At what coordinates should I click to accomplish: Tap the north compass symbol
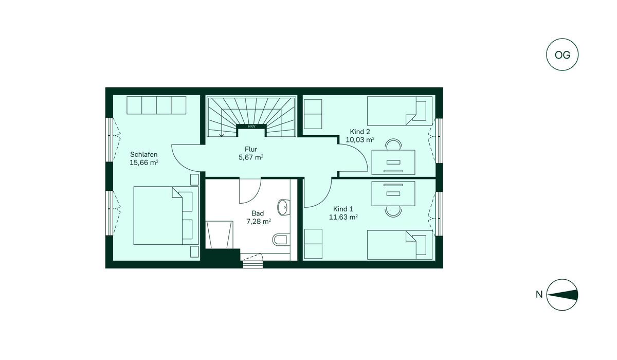pyautogui.click(x=562, y=295)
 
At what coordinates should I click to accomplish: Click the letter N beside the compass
pyautogui.click(x=539, y=295)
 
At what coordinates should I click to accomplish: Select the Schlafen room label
pyautogui.click(x=144, y=154)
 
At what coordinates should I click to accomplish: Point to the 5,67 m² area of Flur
pyautogui.click(x=251, y=157)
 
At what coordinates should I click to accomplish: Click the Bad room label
pyautogui.click(x=258, y=213)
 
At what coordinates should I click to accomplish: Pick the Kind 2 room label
pyautogui.click(x=360, y=131)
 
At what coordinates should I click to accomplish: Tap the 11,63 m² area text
pyautogui.click(x=343, y=217)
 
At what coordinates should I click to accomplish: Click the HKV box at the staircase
pyautogui.click(x=251, y=127)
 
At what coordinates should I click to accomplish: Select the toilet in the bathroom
pyautogui.click(x=281, y=239)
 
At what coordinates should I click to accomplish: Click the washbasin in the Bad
pyautogui.click(x=283, y=207)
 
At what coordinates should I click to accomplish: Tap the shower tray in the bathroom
pyautogui.click(x=219, y=235)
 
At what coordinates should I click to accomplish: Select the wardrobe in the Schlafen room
pyautogui.click(x=156, y=105)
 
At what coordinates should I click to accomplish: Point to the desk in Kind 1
pyautogui.click(x=393, y=193)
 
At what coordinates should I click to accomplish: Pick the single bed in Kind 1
pyautogui.click(x=400, y=245)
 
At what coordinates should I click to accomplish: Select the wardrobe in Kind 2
pyautogui.click(x=313, y=114)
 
